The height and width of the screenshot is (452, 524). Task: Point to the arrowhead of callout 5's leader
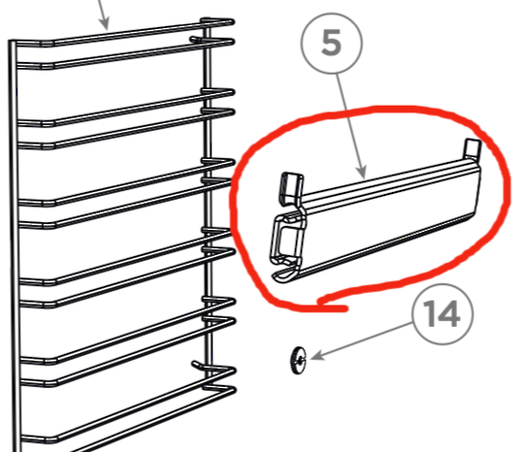click(366, 177)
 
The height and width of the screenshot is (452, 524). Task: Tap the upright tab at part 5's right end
click(473, 149)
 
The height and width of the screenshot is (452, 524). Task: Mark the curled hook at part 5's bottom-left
click(282, 275)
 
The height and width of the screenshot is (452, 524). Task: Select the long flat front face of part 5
click(388, 218)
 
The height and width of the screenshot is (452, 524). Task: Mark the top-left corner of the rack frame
click(12, 43)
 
